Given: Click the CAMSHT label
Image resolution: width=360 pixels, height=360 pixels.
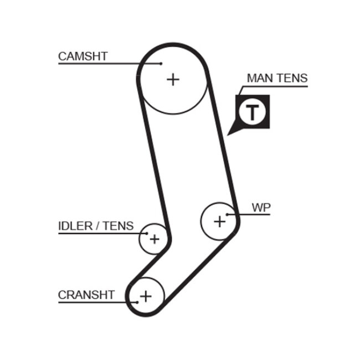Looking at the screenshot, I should coord(83,56).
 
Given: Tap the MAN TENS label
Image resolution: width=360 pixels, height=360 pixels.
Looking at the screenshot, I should coord(277,78).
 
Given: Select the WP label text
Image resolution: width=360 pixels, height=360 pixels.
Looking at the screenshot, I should coord(261,208).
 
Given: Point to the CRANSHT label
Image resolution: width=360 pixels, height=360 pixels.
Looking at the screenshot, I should coord(86,295).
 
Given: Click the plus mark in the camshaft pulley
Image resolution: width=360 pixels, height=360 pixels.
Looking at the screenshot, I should coord(173,79).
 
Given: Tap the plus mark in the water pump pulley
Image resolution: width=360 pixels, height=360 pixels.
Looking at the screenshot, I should coord(220,221).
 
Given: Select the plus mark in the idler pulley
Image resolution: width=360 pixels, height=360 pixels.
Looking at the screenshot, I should coord(154,239).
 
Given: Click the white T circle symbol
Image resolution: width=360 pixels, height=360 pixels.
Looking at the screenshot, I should coord(253,112).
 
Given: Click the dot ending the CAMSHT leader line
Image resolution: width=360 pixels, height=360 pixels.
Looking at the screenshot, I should coord(161,64).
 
